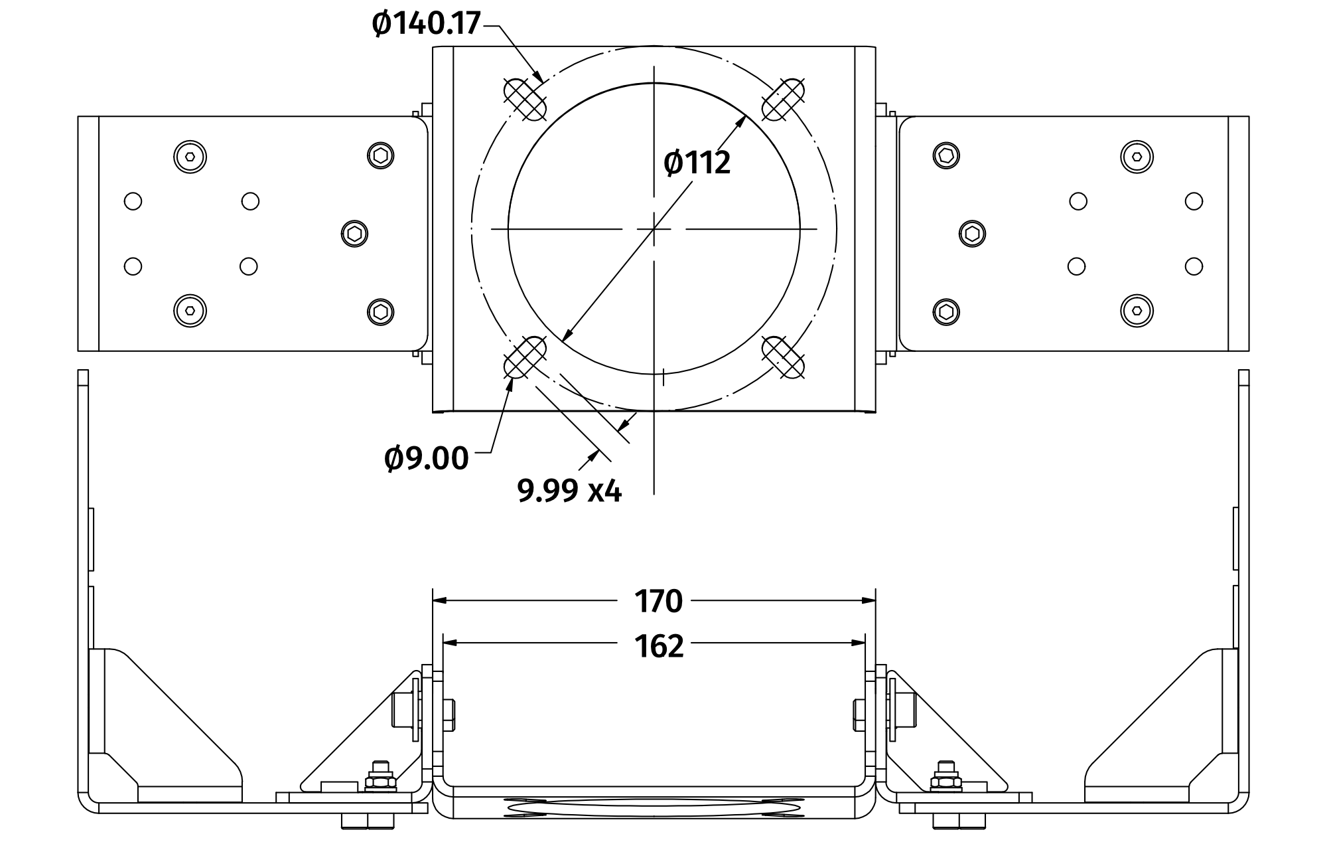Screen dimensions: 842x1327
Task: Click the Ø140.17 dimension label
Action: (x=426, y=24)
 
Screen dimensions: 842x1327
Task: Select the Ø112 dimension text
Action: (x=697, y=163)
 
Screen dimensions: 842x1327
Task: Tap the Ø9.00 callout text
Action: (x=426, y=459)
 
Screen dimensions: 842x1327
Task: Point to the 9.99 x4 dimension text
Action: (x=569, y=491)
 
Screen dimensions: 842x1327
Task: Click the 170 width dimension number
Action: (x=658, y=601)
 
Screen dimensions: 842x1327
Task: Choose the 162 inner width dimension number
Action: (x=658, y=646)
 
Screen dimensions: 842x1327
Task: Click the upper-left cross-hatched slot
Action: (x=525, y=99)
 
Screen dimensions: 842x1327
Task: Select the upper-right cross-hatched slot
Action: (x=784, y=99)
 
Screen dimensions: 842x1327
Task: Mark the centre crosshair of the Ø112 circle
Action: (x=654, y=229)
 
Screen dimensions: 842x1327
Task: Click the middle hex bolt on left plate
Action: (x=355, y=233)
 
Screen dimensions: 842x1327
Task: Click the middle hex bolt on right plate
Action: (x=973, y=233)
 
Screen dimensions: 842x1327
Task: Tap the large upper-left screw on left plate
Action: (x=190, y=157)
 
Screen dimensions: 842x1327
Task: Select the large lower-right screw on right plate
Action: (x=1137, y=310)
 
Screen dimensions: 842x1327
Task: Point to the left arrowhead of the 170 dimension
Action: (x=439, y=601)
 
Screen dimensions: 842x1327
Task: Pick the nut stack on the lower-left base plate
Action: (x=380, y=776)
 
